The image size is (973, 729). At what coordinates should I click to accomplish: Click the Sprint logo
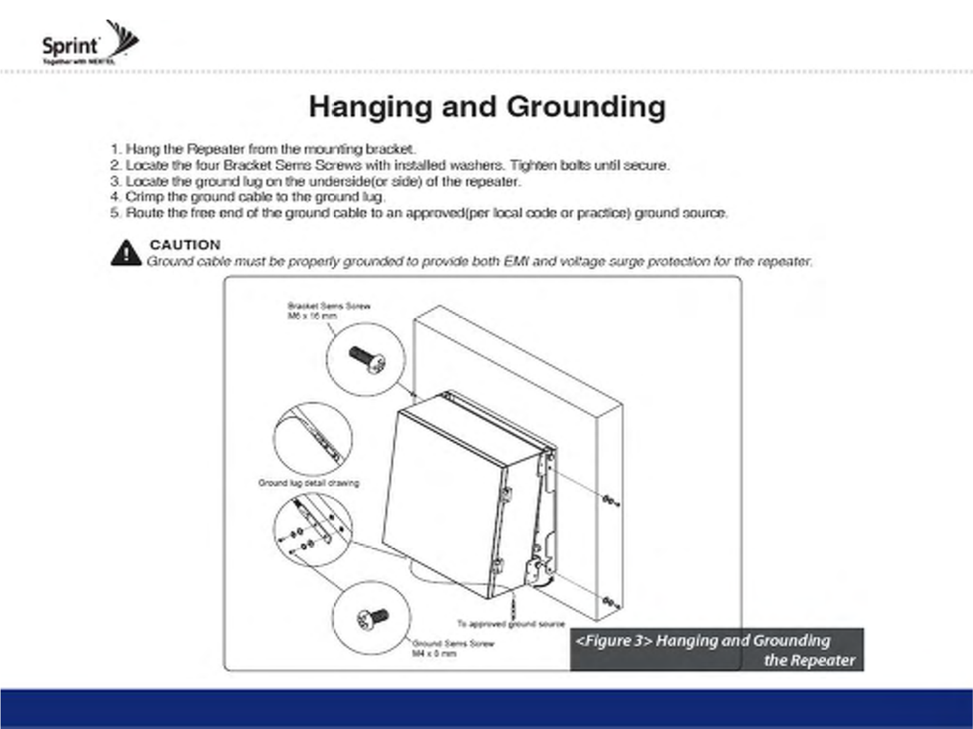pos(89,43)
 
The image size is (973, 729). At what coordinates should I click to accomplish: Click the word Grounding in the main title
pos(586,107)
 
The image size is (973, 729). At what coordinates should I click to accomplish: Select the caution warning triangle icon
pos(126,253)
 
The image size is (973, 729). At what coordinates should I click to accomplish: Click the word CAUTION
pos(185,245)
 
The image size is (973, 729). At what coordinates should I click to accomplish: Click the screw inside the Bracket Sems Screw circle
pos(367,359)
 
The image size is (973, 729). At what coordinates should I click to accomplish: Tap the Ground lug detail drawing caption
pos(309,483)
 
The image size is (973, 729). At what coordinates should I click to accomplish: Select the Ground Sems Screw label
pos(453,648)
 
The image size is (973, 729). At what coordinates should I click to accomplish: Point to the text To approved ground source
pos(510,624)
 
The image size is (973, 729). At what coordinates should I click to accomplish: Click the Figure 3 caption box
pos(716,650)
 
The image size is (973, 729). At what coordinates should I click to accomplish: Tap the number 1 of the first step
pos(114,149)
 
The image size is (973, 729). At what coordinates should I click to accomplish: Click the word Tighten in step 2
pos(533,165)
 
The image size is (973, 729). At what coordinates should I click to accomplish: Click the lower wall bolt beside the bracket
pos(610,602)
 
